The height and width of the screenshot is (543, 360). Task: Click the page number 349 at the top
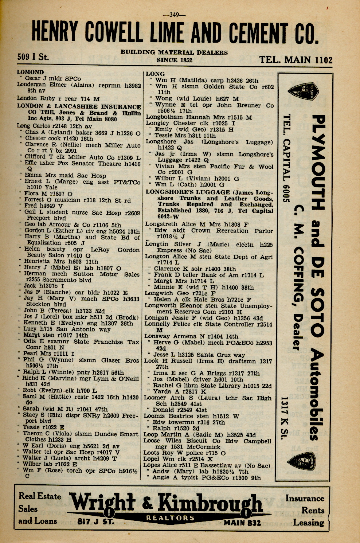175,15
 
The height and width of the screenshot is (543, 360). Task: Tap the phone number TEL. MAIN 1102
296,60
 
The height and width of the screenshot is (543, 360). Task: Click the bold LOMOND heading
30,72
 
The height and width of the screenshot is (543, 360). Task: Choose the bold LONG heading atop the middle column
155,74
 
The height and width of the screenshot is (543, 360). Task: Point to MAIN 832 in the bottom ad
242,523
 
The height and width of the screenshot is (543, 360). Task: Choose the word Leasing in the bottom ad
308,523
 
